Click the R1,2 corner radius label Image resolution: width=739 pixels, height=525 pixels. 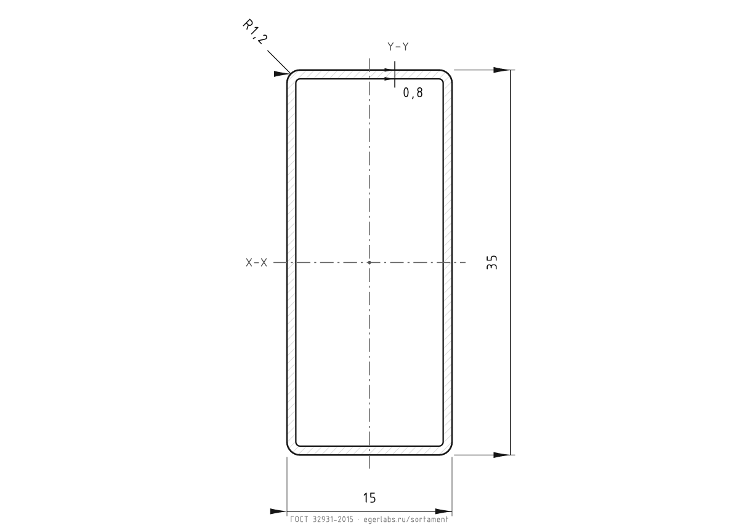pos(254,31)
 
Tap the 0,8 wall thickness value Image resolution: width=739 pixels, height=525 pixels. pos(413,93)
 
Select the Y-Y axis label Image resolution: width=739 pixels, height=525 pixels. pos(398,47)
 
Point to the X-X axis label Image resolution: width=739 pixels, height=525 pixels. pos(256,262)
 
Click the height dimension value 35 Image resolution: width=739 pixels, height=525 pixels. pos(491,262)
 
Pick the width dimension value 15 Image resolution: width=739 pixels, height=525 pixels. pos(369,498)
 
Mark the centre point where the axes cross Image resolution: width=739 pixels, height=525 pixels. pos(369,262)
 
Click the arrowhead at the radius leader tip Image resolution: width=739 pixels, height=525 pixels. pos(282,73)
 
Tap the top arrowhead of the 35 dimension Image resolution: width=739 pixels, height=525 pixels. pos(502,70)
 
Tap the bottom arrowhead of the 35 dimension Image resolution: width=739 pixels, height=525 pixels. pos(502,455)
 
